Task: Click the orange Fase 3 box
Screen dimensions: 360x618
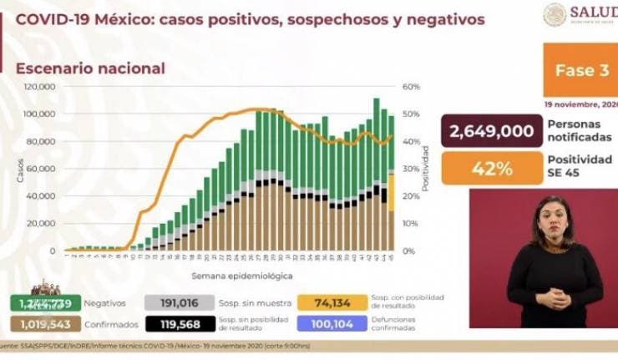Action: pos(580,70)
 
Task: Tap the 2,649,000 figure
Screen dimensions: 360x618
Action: pos(491,131)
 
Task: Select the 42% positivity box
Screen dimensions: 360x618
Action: pos(491,168)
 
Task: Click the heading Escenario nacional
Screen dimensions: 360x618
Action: pos(90,68)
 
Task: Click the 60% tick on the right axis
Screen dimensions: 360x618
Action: pos(411,87)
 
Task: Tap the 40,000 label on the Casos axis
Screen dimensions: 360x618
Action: pos(41,196)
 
